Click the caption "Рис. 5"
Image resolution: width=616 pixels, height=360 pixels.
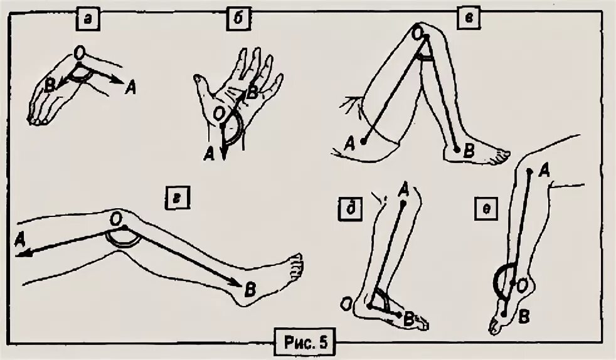pyautogui.click(x=305, y=343)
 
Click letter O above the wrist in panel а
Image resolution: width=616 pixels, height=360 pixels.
pyautogui.click(x=79, y=53)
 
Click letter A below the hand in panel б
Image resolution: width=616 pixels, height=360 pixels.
pyautogui.click(x=211, y=152)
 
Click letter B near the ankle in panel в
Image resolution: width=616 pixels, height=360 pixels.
pyautogui.click(x=467, y=150)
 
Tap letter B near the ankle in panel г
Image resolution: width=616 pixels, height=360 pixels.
pyautogui.click(x=249, y=290)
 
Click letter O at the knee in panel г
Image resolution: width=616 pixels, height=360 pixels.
pyautogui.click(x=115, y=216)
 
